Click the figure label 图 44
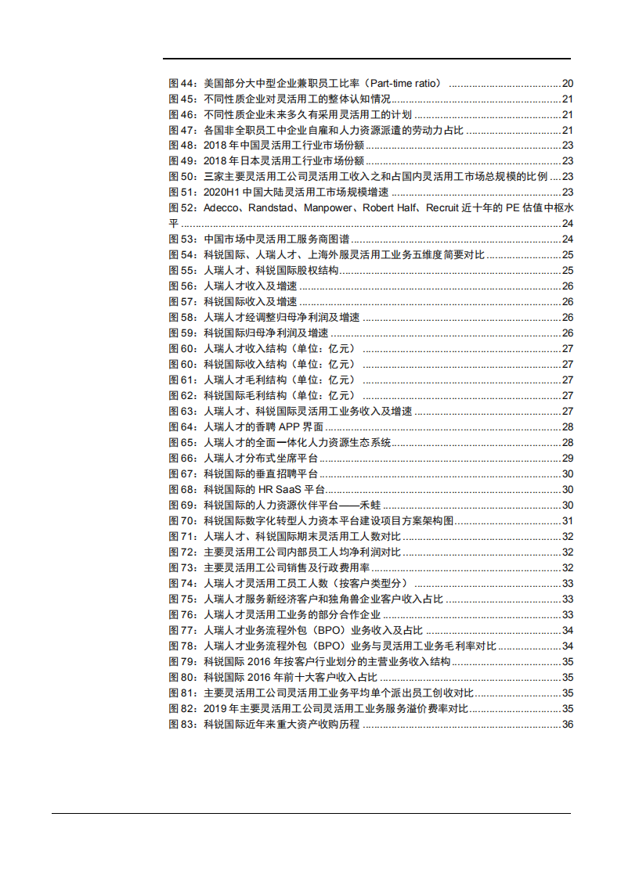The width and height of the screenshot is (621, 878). coord(183,83)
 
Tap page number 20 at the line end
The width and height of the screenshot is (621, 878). coord(568,83)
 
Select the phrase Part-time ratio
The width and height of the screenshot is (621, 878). coord(406,83)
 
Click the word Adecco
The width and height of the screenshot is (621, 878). coord(222,208)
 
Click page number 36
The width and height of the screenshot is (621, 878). coord(568,725)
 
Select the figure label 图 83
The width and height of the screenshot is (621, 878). coord(183,725)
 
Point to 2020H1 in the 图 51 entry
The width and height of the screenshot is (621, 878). coord(221,193)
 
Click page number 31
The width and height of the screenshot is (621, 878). coord(568,521)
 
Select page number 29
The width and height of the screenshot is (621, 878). coord(568,459)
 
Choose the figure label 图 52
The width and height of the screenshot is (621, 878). coord(183,208)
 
